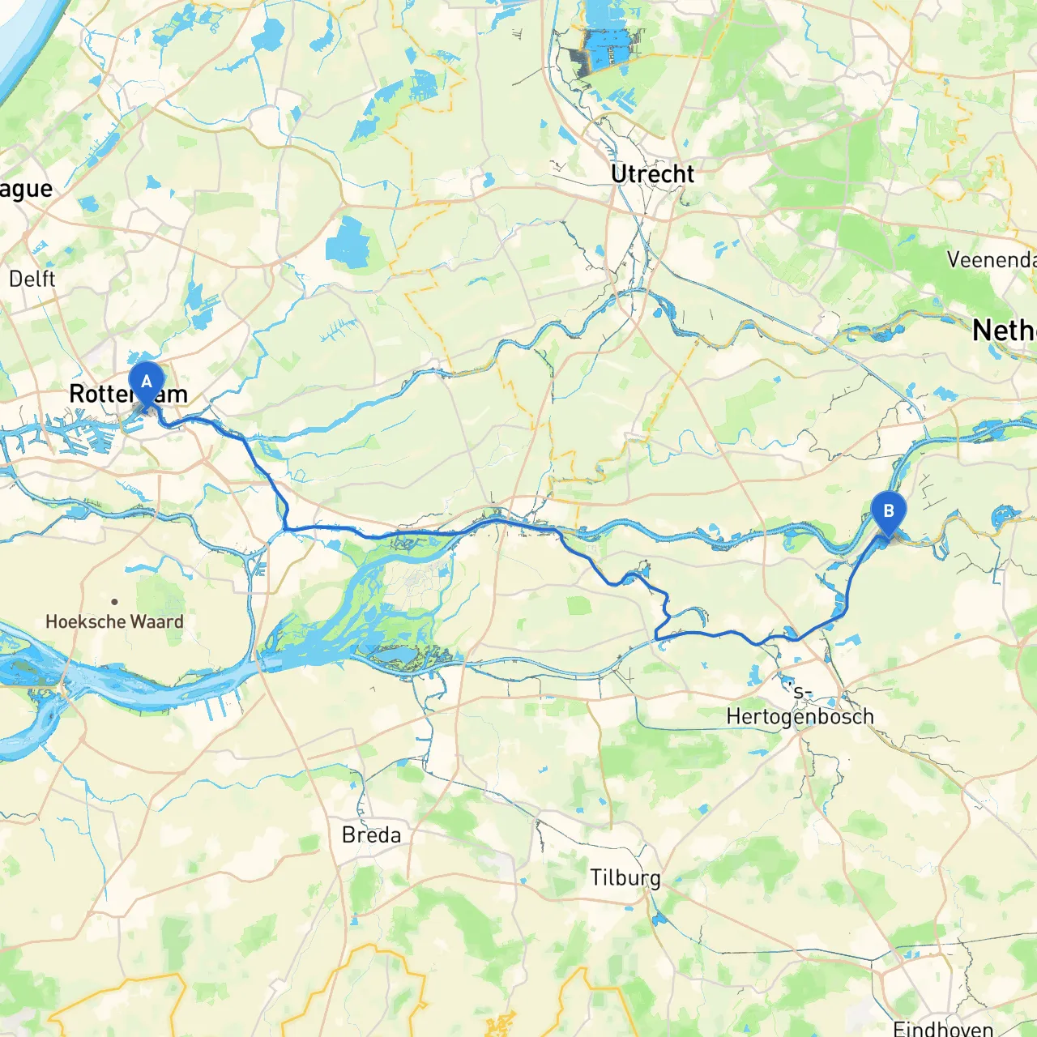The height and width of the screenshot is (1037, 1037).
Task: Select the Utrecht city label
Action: [x=652, y=174]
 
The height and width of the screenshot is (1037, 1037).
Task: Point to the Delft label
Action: [x=32, y=279]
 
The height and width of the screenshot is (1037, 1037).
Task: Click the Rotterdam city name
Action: [x=128, y=395]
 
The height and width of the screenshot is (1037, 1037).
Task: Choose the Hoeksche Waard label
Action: [x=114, y=621]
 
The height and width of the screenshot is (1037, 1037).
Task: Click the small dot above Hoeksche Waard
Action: [x=115, y=601]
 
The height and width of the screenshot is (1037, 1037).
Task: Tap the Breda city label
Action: [x=371, y=834]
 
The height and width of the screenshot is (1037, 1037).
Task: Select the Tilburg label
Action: [x=625, y=878]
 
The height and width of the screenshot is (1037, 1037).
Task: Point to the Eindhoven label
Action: [x=943, y=1028]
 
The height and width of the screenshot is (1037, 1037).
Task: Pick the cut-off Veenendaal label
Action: [x=992, y=260]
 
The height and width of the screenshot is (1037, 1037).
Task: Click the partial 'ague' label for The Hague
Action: [x=26, y=190]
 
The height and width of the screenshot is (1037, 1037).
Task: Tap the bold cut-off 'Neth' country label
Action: [x=1004, y=331]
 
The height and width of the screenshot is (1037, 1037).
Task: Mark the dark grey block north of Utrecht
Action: [x=582, y=61]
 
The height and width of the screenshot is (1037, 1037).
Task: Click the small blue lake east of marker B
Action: [x=1005, y=514]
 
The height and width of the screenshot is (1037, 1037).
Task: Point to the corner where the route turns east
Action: [x=286, y=528]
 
